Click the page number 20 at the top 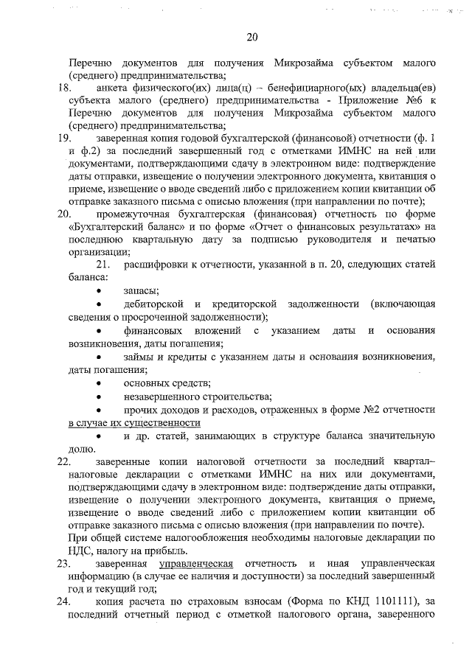click(x=252, y=38)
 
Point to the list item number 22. click(x=63, y=461)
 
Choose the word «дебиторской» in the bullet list click(x=153, y=305)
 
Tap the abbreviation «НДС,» click(x=80, y=550)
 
